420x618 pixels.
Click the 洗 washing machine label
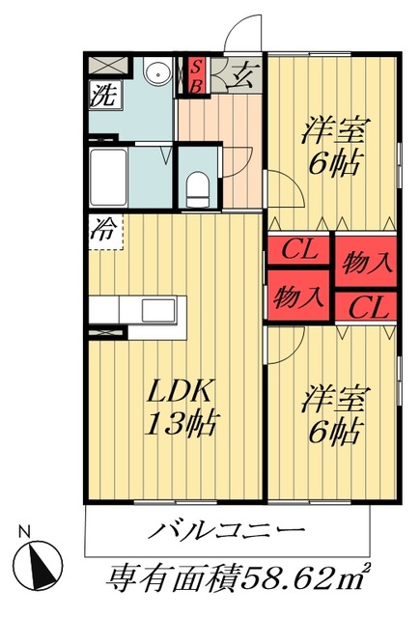click(x=101, y=95)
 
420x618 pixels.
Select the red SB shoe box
click(x=194, y=76)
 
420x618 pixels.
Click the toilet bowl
click(x=196, y=184)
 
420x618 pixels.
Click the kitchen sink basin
click(x=157, y=311)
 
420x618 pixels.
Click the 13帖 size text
click(x=182, y=423)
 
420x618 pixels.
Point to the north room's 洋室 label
click(x=333, y=126)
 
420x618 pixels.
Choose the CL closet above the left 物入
click(x=299, y=251)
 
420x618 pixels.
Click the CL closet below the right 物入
click(x=365, y=308)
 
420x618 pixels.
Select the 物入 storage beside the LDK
click(x=298, y=295)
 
